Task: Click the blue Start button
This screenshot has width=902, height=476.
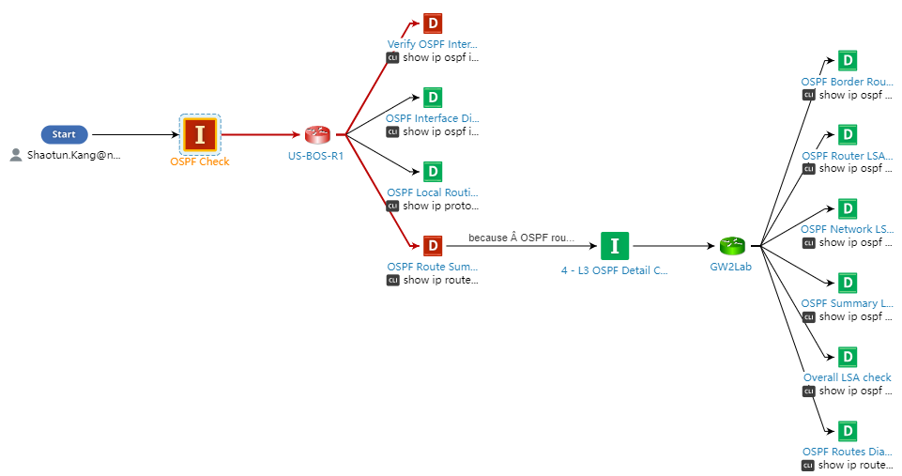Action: pos(64,134)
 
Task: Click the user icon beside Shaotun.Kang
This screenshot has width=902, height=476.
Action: pos(16,155)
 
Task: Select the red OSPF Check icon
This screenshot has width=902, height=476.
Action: pos(200,134)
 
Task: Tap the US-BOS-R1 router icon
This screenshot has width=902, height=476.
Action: pos(316,135)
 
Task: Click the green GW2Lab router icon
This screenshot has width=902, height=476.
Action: pos(732,246)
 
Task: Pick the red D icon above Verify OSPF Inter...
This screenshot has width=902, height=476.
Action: pos(432,23)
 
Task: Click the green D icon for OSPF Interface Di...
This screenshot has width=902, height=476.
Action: pos(432,98)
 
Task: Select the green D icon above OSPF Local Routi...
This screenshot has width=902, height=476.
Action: pos(432,172)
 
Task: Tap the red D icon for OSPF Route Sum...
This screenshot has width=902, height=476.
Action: pos(432,246)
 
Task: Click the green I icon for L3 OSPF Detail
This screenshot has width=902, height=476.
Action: pos(615,246)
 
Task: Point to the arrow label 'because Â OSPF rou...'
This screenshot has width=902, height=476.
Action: pos(520,238)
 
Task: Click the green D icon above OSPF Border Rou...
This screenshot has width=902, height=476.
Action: pos(848,61)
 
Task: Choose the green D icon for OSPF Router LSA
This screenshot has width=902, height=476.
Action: pos(848,134)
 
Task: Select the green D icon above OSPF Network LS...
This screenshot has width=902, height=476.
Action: pos(848,208)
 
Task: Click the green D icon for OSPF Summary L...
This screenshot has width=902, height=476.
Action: pos(848,283)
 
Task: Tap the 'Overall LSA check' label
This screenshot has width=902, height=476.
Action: pos(848,377)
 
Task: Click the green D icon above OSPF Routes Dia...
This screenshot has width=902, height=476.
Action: pos(848,431)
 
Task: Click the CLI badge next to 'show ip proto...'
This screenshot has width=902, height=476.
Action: pos(392,206)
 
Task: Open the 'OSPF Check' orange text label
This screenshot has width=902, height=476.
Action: pos(200,161)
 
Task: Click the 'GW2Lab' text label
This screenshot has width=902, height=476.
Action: pos(731,267)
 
